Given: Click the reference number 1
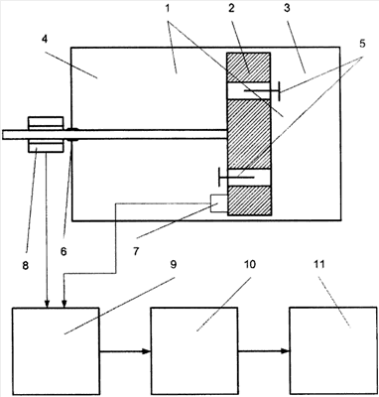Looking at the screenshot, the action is tap(168, 8).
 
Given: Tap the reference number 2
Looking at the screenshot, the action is tap(231, 8).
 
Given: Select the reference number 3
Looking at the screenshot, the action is tap(287, 8).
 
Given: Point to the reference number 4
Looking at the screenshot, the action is tap(45, 39).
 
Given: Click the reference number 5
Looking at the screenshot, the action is tap(362, 44).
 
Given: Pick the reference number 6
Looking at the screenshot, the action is tap(63, 252).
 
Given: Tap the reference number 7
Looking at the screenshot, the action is tap(136, 252).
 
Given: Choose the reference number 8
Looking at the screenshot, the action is tap(26, 265).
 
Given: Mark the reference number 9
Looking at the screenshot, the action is tap(174, 264).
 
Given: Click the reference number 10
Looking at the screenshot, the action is tap(250, 264).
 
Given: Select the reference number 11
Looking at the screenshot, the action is tap(318, 264).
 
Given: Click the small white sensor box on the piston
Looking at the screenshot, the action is tap(218, 203).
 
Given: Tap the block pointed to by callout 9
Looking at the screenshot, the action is tap(56, 350).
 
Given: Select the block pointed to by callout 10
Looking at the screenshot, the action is tap(194, 350).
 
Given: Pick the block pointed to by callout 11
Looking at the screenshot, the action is tap(333, 350).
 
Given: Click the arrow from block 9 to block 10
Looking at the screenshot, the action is tap(125, 351).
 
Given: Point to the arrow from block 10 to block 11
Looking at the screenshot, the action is tap(264, 351).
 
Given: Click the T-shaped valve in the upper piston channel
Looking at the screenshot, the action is tap(263, 90).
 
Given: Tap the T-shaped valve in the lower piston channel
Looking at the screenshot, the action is tap(236, 177).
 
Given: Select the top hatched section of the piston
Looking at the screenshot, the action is tap(248, 67).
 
